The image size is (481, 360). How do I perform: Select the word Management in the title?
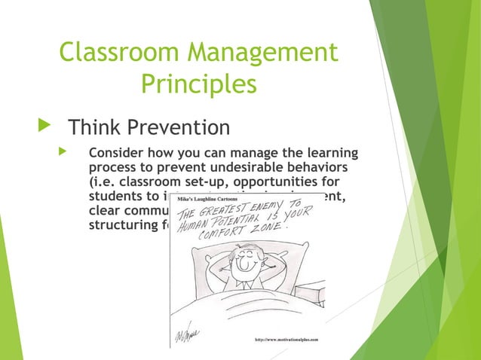(268, 53)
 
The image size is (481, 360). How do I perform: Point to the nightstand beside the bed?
(311, 294)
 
